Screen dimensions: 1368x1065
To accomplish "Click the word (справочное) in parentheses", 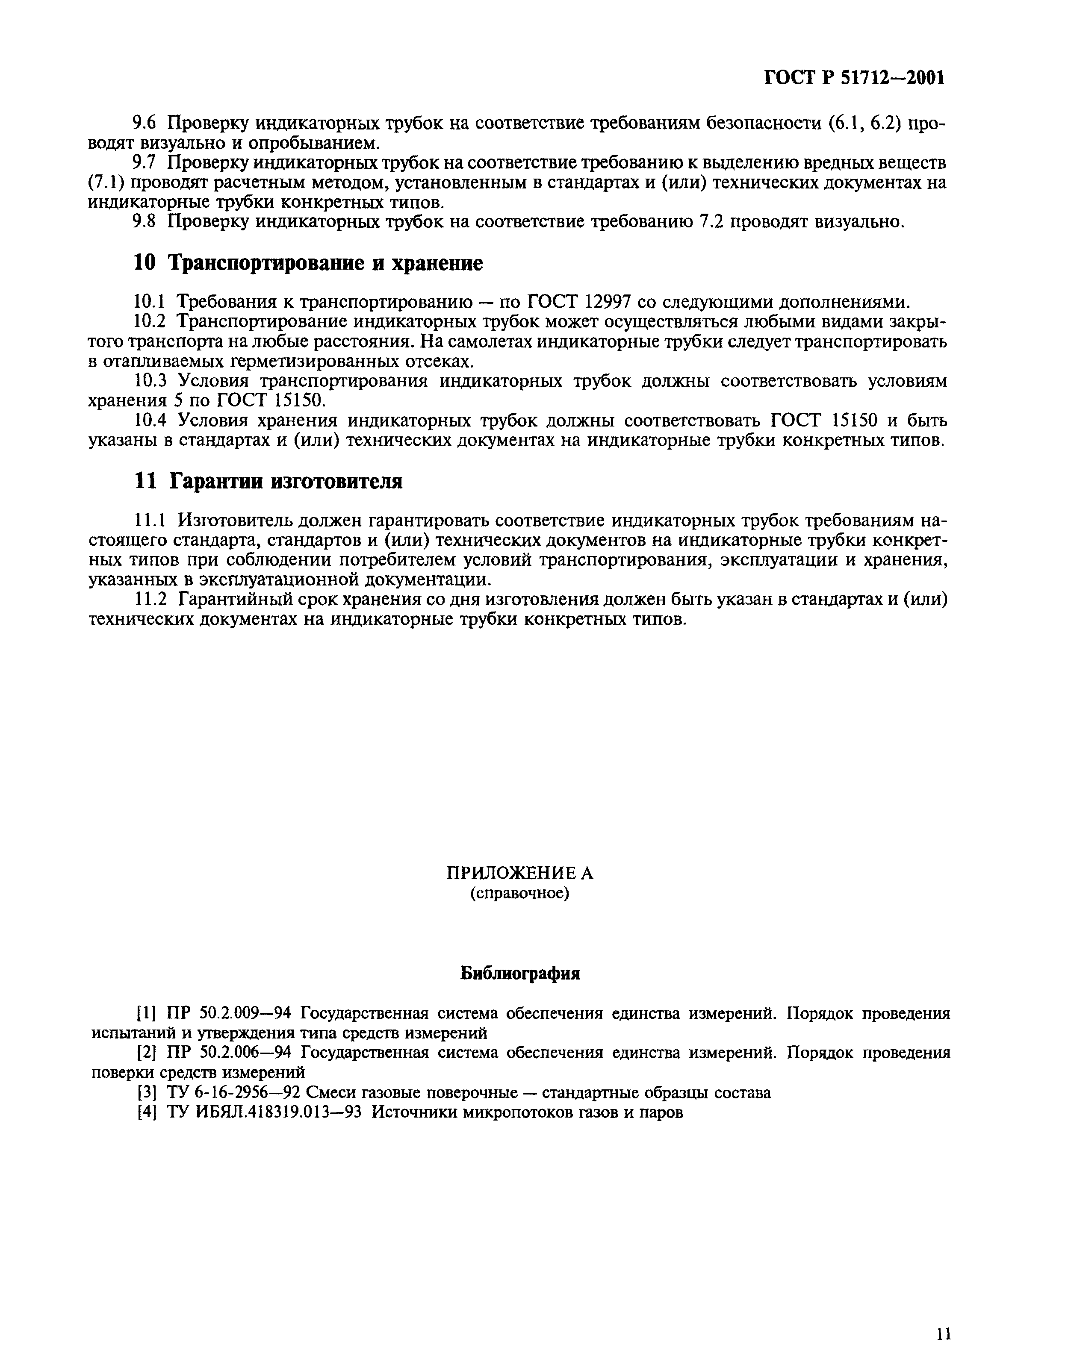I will (519, 893).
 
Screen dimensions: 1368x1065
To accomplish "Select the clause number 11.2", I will (150, 600).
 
